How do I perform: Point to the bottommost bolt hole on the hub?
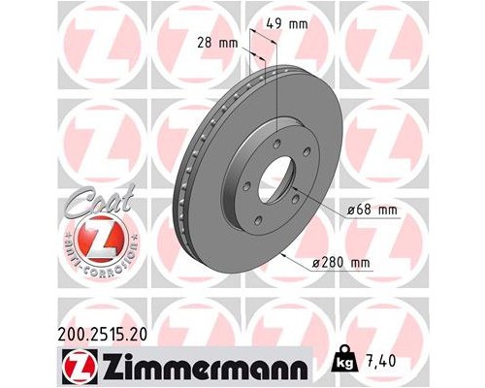260,224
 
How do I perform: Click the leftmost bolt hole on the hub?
246,185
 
